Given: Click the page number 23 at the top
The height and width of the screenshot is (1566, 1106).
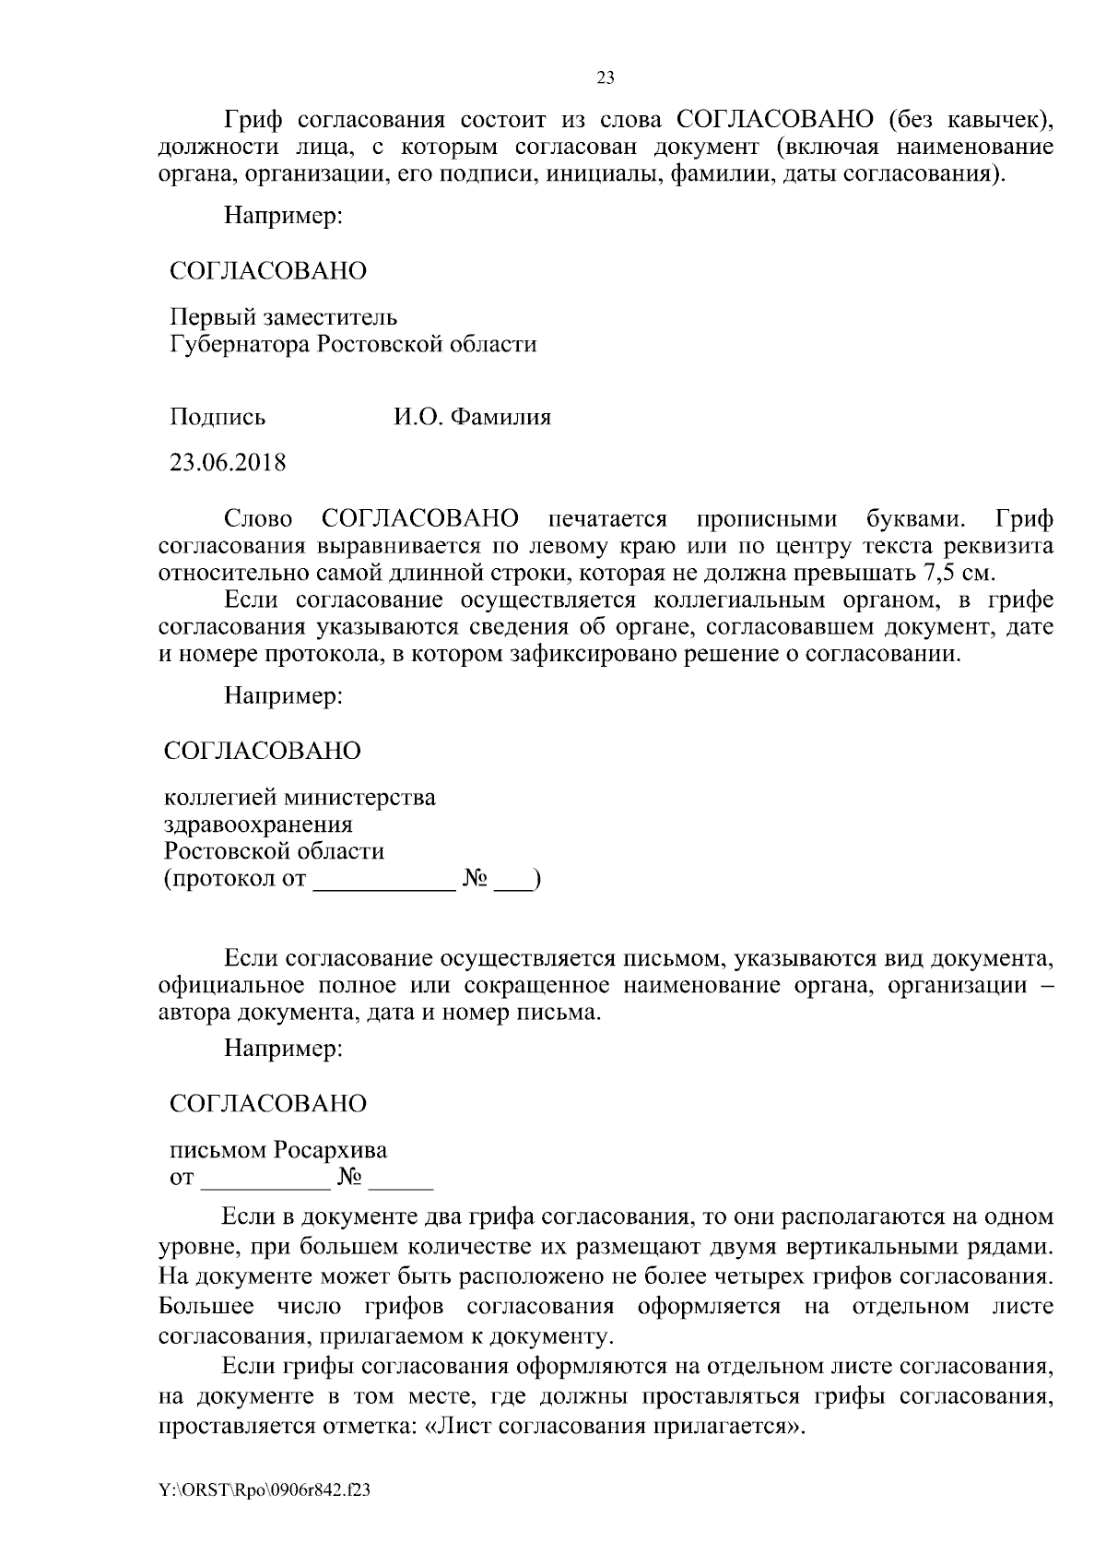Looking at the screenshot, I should coord(606,78).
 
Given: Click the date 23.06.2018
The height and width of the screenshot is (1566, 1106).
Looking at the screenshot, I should coord(228,462).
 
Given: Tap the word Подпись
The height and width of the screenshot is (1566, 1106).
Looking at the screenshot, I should coord(218,418).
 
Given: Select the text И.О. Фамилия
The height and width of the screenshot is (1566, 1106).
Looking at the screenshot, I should coord(472,418).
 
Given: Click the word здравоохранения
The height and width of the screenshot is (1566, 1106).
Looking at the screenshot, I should coord(258,824).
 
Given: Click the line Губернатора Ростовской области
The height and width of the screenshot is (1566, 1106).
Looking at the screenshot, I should coord(353,345).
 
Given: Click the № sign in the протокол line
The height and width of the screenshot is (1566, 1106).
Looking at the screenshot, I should coord(474,879).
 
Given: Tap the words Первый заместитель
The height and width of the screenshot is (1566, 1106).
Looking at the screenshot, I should coord(284,317).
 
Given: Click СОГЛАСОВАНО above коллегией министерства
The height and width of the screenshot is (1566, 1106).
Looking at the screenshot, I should coord(263,751).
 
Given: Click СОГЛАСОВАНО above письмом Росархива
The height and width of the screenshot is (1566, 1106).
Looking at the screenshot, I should coord(268,1104).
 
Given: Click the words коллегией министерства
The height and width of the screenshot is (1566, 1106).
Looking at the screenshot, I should coord(300,797).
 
